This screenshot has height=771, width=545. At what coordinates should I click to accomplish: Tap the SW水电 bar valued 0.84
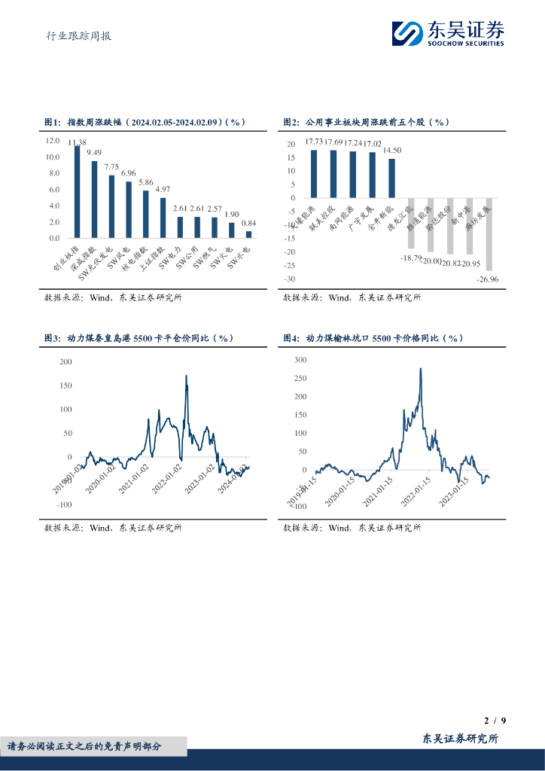click(249, 234)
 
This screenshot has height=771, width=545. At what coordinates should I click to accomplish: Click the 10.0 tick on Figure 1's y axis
click(53, 157)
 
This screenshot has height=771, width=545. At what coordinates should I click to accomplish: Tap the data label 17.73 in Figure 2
click(314, 142)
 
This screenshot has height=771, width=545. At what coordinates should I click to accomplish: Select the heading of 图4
click(373, 338)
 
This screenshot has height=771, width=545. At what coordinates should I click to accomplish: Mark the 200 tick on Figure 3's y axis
click(65, 362)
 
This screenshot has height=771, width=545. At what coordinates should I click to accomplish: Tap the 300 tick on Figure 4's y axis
click(300, 360)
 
